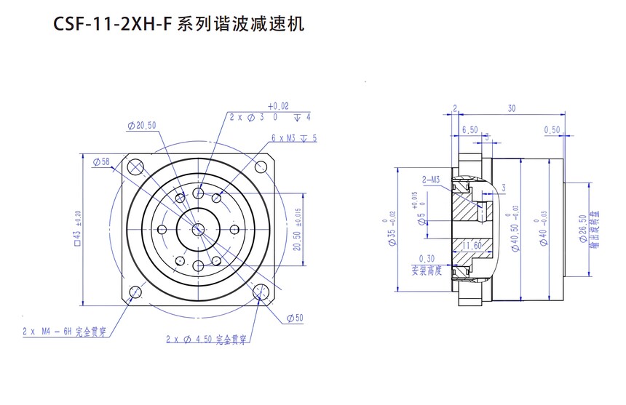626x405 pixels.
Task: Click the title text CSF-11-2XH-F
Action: click(114, 25)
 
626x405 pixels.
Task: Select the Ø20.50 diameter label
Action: click(142, 125)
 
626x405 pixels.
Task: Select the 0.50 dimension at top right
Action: click(552, 130)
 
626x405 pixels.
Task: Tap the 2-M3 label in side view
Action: click(431, 180)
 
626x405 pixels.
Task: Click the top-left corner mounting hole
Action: click(135, 167)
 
